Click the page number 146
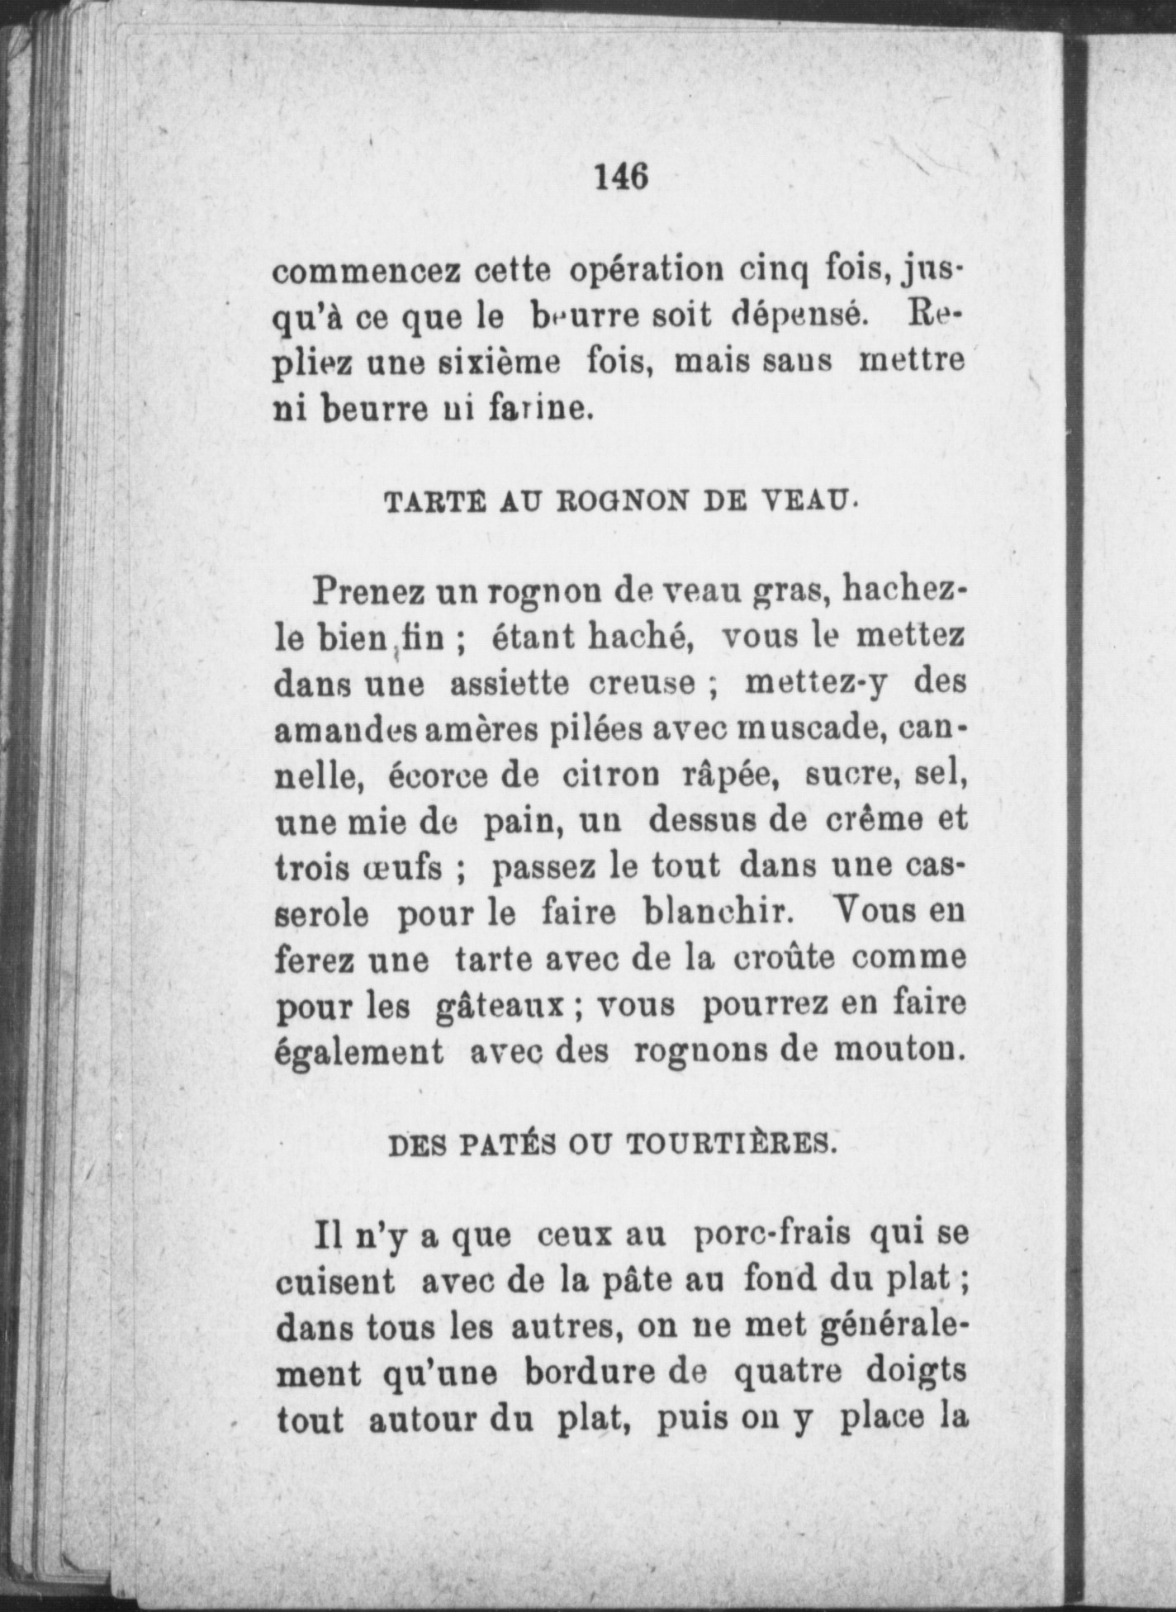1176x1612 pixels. click(x=620, y=176)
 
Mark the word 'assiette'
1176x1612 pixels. click(x=509, y=684)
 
